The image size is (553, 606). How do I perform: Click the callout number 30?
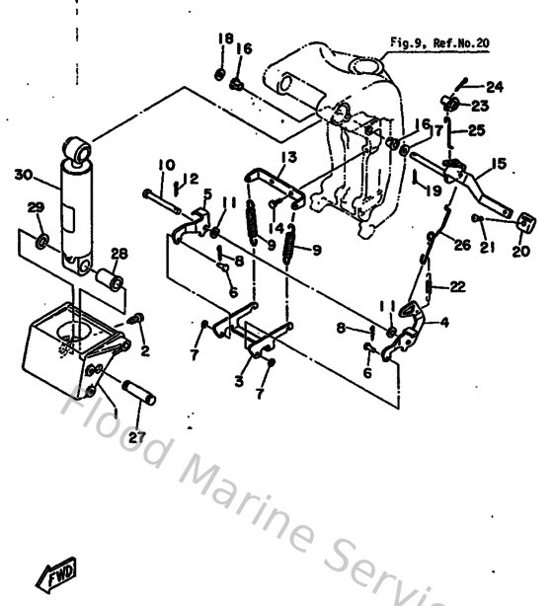tap(23, 176)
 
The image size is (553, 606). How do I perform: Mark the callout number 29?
tap(36, 207)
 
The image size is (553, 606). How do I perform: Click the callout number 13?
tap(287, 158)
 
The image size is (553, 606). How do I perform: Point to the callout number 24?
tap(494, 87)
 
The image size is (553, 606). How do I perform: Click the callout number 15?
tap(497, 163)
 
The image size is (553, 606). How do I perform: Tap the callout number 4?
tap(442, 322)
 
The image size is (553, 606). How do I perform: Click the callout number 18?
tap(224, 38)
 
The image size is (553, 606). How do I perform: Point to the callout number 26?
tap(462, 245)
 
